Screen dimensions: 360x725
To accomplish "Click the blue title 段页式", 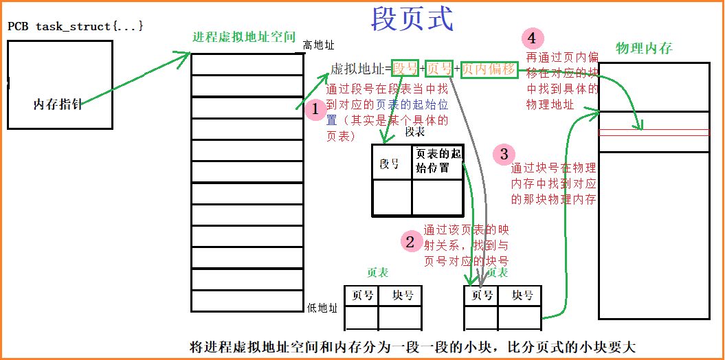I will pyautogui.click(x=412, y=19).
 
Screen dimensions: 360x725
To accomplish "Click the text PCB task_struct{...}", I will pyautogui.click(x=76, y=26).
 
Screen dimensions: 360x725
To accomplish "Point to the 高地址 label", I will pyautogui.click(x=318, y=45).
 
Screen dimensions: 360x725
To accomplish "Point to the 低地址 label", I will pyautogui.click(x=322, y=308).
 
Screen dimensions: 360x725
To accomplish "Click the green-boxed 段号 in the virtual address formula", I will pyautogui.click(x=405, y=68).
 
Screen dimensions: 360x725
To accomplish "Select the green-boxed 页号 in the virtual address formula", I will pyautogui.click(x=439, y=68).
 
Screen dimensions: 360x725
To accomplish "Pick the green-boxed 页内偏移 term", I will pyautogui.click(x=489, y=68).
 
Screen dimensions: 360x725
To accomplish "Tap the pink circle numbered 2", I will pyautogui.click(x=410, y=241).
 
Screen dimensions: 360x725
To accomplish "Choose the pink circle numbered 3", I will pyautogui.click(x=504, y=154).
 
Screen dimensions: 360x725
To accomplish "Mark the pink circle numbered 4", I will pyautogui.click(x=533, y=37).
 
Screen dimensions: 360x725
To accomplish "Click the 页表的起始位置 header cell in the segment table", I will pyautogui.click(x=438, y=161).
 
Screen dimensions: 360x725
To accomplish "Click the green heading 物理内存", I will pyautogui.click(x=644, y=48).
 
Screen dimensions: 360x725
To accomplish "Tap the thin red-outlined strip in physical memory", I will pyautogui.click(x=654, y=132).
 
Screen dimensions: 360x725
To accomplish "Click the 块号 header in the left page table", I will pyautogui.click(x=403, y=295).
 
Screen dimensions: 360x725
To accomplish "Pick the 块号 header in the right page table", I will pyautogui.click(x=522, y=295).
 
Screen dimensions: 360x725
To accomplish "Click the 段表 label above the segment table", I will pyautogui.click(x=415, y=132).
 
